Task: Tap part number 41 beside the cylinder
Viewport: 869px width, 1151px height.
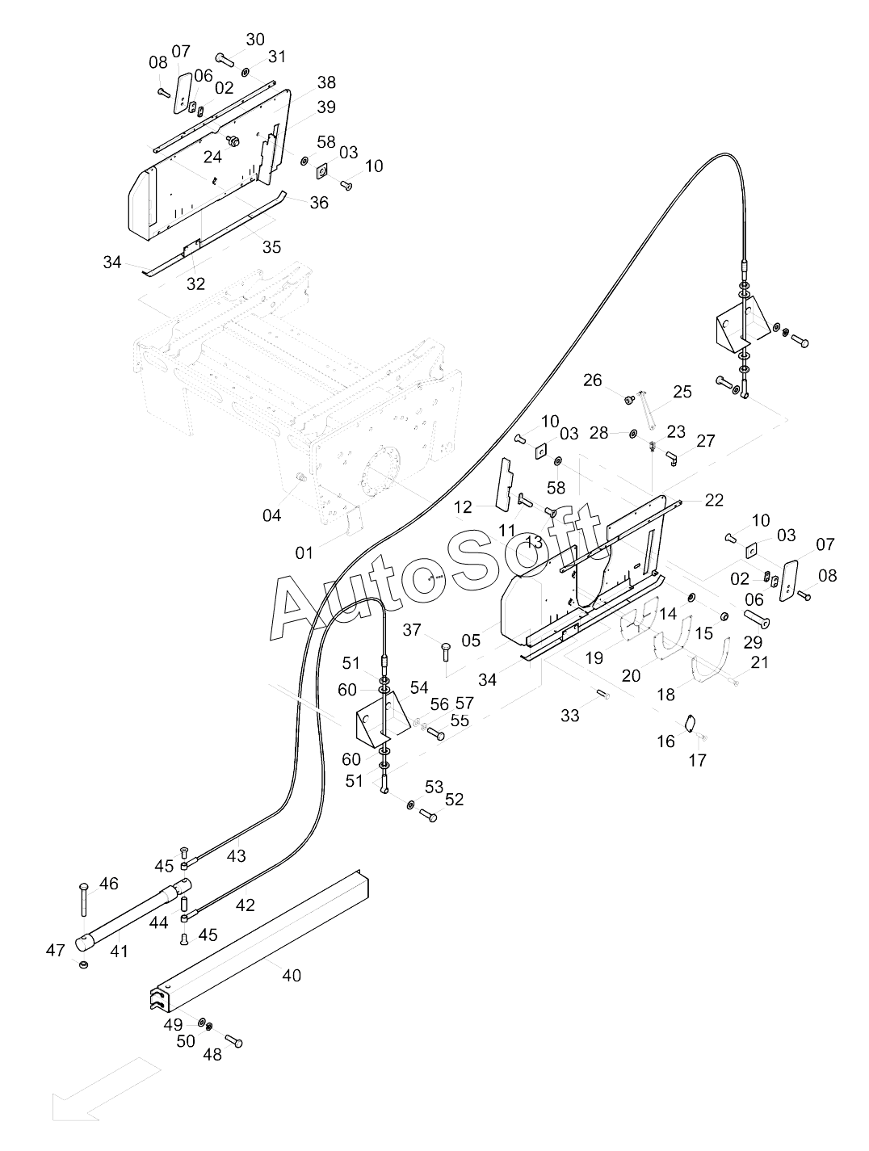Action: coord(119,951)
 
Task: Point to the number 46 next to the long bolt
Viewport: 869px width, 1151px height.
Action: coord(108,883)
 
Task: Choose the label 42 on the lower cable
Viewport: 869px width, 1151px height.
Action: coord(245,905)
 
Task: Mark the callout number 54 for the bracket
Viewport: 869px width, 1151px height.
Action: coord(419,687)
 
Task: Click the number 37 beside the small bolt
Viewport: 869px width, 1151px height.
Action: coord(411,630)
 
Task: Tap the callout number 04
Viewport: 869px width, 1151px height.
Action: coord(271,515)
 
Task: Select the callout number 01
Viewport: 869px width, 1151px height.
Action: coord(304,552)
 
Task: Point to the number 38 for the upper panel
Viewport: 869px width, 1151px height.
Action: coord(326,82)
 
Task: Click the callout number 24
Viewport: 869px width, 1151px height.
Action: coord(212,157)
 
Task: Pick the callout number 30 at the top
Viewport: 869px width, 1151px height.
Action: coord(254,40)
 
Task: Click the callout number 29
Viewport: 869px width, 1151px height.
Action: coord(753,642)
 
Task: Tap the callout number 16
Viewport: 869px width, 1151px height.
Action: coord(665,741)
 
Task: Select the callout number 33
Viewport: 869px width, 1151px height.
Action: coord(569,716)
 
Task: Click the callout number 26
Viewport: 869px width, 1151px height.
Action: coord(592,380)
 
